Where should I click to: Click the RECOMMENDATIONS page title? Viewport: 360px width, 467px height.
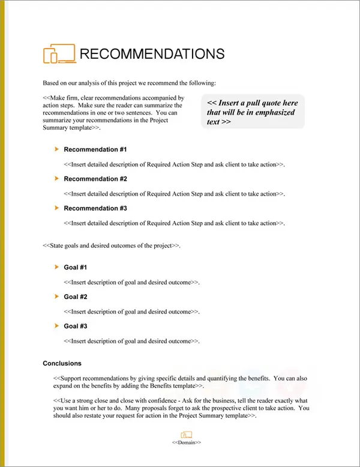pos(152,54)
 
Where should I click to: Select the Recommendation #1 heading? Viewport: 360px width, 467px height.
pos(95,149)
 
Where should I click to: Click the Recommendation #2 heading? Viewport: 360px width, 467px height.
pos(95,179)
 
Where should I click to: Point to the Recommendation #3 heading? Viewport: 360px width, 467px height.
pos(95,208)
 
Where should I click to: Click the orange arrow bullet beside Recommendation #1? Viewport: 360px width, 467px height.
pos(56,149)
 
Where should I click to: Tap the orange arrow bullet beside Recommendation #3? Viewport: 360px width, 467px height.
pos(56,208)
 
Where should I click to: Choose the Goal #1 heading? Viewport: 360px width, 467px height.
pos(76,267)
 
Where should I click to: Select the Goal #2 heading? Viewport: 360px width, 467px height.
pos(76,297)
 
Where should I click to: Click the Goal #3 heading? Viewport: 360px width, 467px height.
pos(76,326)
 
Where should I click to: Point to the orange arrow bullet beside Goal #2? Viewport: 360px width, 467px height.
pos(56,296)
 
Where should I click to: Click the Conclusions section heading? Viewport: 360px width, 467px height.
pos(62,363)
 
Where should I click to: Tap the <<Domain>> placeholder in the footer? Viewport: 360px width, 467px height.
pos(187,442)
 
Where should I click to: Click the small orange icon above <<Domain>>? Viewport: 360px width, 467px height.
pos(186,435)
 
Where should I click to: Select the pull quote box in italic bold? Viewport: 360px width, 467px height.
pos(254,112)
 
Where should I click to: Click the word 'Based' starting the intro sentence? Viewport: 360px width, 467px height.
pos(52,83)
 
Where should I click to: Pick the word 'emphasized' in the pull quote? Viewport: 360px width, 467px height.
pos(278,112)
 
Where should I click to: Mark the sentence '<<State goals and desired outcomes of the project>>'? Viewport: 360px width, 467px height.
pos(112,246)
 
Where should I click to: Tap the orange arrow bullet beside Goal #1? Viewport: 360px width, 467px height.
pos(56,267)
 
